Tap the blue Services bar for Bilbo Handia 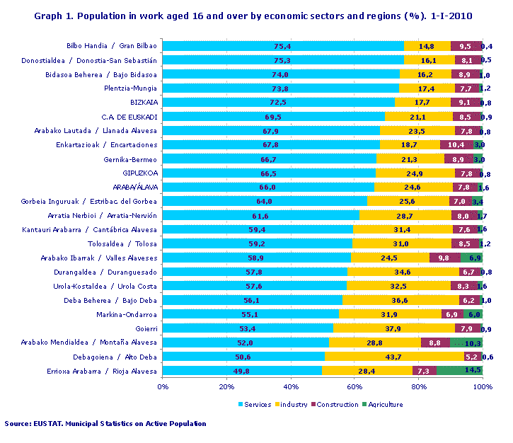(283, 46)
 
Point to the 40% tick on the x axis (291, 386)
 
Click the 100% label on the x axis (483, 386)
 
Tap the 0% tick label (163, 386)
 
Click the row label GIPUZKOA (141, 173)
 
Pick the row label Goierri (146, 328)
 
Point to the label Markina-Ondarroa (131, 314)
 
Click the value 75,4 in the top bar (282, 46)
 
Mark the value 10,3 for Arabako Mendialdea (472, 343)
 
